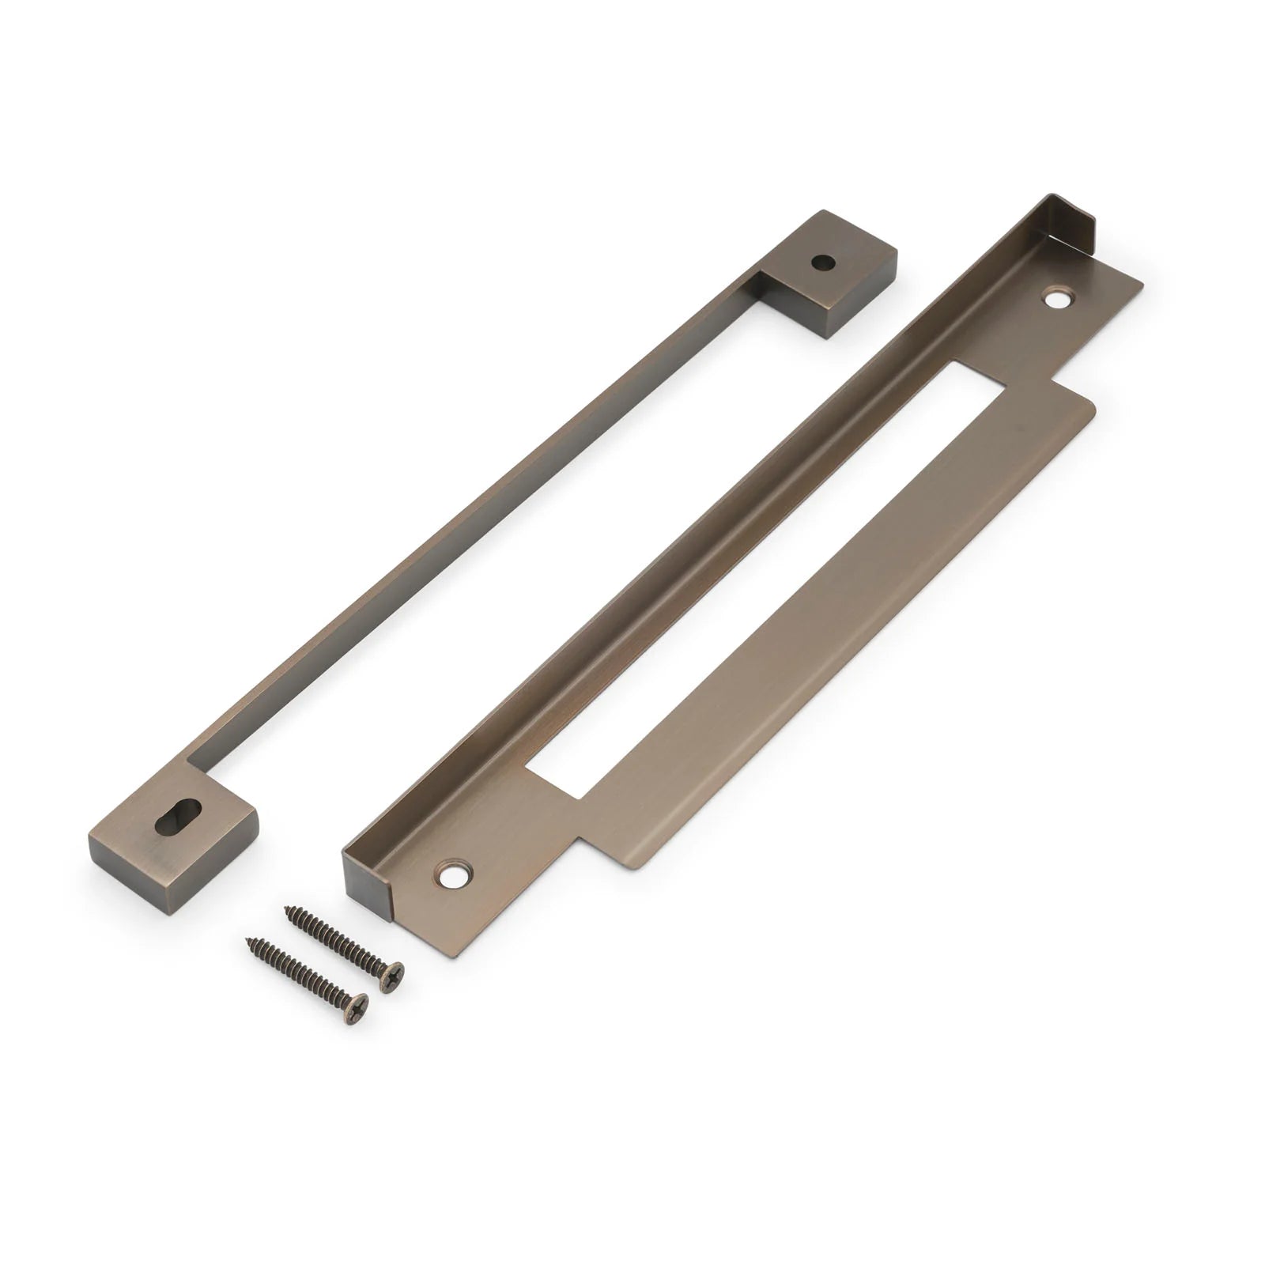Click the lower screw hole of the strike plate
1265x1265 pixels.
click(x=454, y=874)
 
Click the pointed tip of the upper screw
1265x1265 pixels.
click(x=287, y=910)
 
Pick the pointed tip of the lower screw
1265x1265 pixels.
click(x=250, y=941)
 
